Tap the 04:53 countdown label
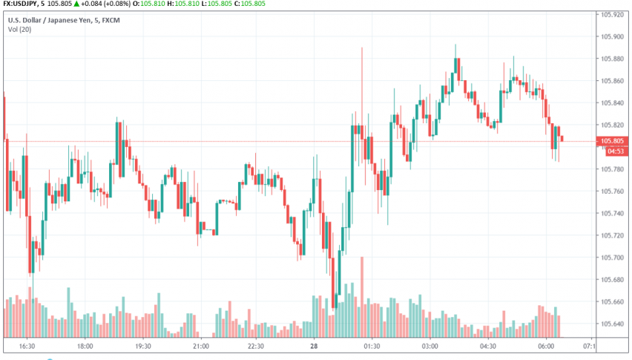coord(616,151)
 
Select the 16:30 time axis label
coord(27,346)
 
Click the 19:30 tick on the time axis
coord(143,346)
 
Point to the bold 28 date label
coord(315,346)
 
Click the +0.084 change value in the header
coord(108,4)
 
